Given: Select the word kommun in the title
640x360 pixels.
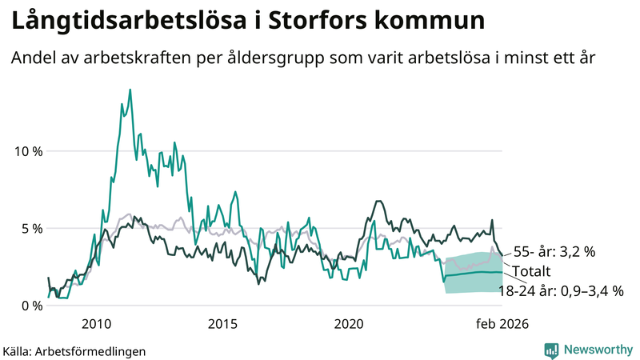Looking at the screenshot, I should tap(433, 22).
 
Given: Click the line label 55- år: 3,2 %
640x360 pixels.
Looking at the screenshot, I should tap(554, 251).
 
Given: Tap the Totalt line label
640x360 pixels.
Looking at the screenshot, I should tap(531, 270).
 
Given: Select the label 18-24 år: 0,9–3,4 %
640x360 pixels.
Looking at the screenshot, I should tap(561, 290).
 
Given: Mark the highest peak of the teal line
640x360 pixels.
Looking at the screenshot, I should tap(130, 90).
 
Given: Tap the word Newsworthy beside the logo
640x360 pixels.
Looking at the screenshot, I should tap(599, 350).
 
